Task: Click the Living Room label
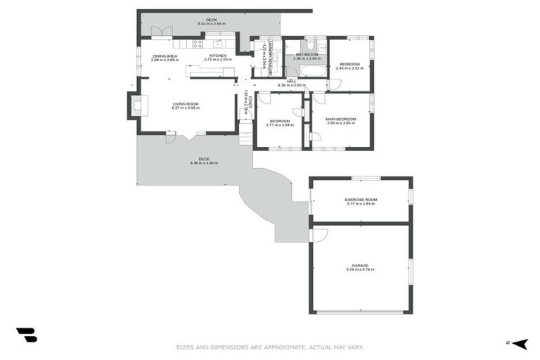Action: pyautogui.click(x=186, y=103)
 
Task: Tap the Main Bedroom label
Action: pyautogui.click(x=341, y=119)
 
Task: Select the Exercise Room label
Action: pyautogui.click(x=361, y=200)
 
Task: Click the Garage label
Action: pyautogui.click(x=360, y=265)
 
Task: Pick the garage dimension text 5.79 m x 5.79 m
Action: pyautogui.click(x=360, y=270)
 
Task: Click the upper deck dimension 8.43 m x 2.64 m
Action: pyautogui.click(x=211, y=25)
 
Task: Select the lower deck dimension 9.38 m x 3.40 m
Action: pyautogui.click(x=204, y=163)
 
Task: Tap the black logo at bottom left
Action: pyautogui.click(x=26, y=335)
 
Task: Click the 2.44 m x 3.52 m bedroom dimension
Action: pyautogui.click(x=349, y=68)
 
